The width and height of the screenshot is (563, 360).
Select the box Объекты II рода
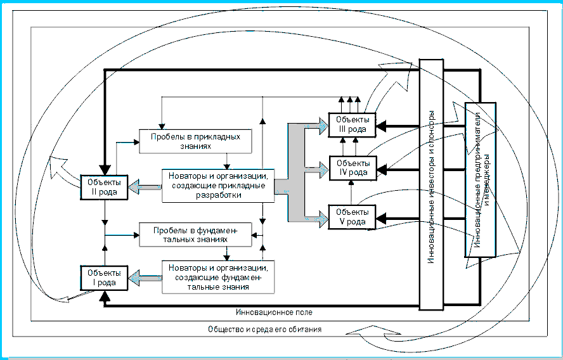(104, 187)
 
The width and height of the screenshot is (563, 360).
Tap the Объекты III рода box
(352, 123)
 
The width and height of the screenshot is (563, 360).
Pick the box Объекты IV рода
(352, 169)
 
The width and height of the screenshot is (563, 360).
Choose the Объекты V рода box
(352, 216)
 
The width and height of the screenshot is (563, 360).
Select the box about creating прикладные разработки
(218, 185)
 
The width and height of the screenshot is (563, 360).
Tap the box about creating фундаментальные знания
(218, 276)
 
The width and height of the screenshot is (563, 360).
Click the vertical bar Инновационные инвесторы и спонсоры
(431, 184)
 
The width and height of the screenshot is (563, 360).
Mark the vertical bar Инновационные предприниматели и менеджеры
(480, 179)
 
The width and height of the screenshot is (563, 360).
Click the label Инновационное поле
(273, 312)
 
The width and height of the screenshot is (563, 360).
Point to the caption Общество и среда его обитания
(264, 330)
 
